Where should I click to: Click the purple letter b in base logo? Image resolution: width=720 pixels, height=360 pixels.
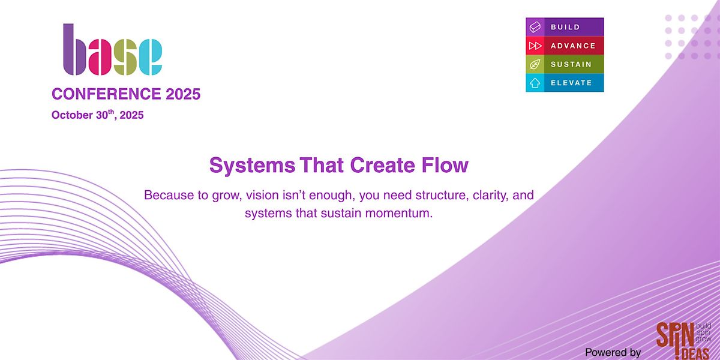[x=74, y=49]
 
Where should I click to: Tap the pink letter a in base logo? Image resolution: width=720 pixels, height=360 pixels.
[x=100, y=57]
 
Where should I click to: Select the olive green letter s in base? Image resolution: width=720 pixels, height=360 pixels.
[x=125, y=57]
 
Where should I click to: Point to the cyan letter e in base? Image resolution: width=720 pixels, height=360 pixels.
[x=151, y=57]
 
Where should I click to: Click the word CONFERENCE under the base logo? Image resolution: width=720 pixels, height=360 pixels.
[x=106, y=94]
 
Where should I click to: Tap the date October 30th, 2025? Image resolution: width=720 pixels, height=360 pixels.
[x=97, y=115]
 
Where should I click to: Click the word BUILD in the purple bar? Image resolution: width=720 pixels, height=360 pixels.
[x=565, y=27]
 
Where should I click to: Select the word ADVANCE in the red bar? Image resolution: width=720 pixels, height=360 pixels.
[x=573, y=46]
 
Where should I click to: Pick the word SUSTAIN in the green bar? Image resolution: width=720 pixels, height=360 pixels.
[x=571, y=64]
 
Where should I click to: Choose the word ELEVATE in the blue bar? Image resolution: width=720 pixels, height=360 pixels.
[x=571, y=83]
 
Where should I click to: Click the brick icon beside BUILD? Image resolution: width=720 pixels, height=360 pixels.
[x=535, y=27]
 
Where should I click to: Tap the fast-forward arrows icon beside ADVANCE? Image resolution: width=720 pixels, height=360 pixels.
[x=535, y=46]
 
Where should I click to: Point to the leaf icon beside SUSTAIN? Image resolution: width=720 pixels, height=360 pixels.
[x=535, y=64]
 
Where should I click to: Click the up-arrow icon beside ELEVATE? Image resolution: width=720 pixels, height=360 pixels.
[x=535, y=83]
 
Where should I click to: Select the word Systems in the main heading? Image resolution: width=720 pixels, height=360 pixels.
[x=253, y=166]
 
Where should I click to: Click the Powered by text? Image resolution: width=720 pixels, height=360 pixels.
[x=613, y=352]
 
